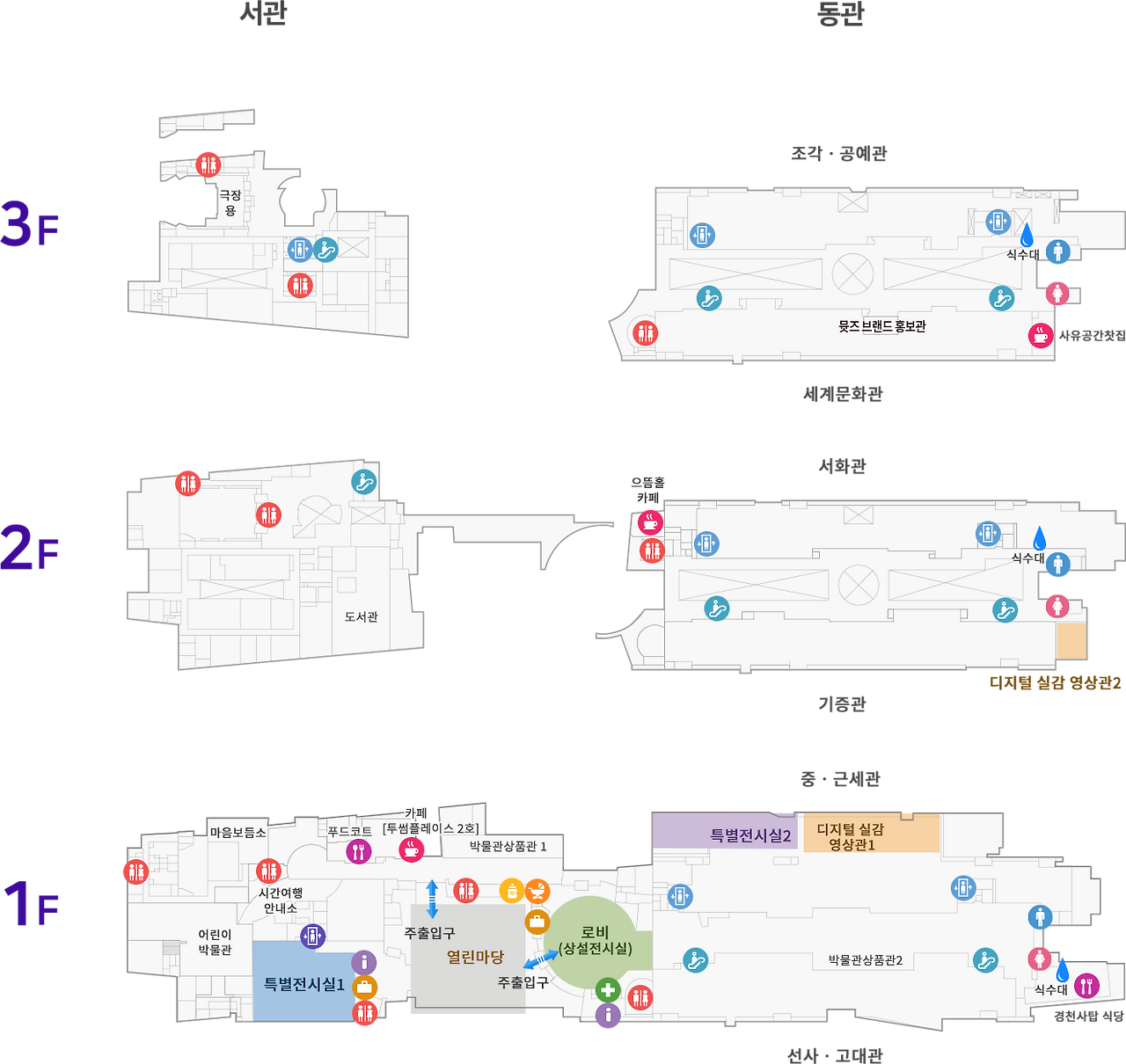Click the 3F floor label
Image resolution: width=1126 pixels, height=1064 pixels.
pos(31,225)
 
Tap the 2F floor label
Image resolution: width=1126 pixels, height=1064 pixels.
pos(31,547)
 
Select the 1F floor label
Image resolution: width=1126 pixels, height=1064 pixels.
pos(31,903)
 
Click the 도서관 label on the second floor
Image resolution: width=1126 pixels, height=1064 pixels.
pos(361,617)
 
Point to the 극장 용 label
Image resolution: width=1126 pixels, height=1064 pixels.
pos(230,203)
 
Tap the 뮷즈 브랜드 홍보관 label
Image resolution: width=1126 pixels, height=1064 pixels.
pos(881,326)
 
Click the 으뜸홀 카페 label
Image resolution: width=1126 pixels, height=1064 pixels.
pos(647,490)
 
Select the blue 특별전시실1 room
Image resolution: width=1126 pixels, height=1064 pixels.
pos(303,984)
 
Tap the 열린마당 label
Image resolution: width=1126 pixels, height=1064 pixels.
pos(475,957)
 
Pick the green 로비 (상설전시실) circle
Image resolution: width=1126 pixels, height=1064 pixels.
pos(595,940)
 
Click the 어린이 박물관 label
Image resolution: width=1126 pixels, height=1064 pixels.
pos(215,942)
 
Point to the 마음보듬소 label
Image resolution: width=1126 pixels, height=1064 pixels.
pos(238,833)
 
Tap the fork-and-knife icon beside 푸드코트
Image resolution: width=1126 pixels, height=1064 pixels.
pos(358,850)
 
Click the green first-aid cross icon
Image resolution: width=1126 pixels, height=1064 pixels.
pos(608,990)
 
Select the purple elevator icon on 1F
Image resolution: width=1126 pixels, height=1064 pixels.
pos(312,936)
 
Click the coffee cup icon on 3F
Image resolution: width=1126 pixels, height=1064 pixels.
pos(1041,335)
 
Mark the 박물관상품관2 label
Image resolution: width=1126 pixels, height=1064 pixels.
pos(866,960)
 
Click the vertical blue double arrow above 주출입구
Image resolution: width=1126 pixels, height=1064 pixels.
pos(432,899)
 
